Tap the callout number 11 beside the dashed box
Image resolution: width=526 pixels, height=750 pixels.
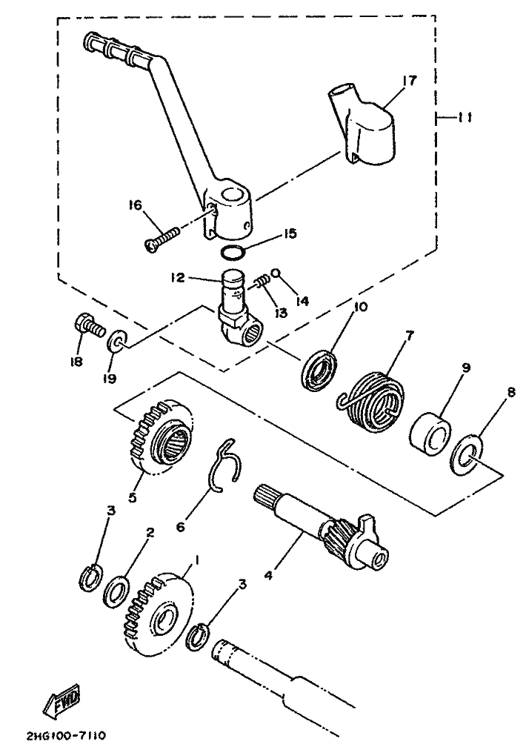tap(466, 116)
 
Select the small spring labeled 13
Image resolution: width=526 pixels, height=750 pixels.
tap(261, 282)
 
